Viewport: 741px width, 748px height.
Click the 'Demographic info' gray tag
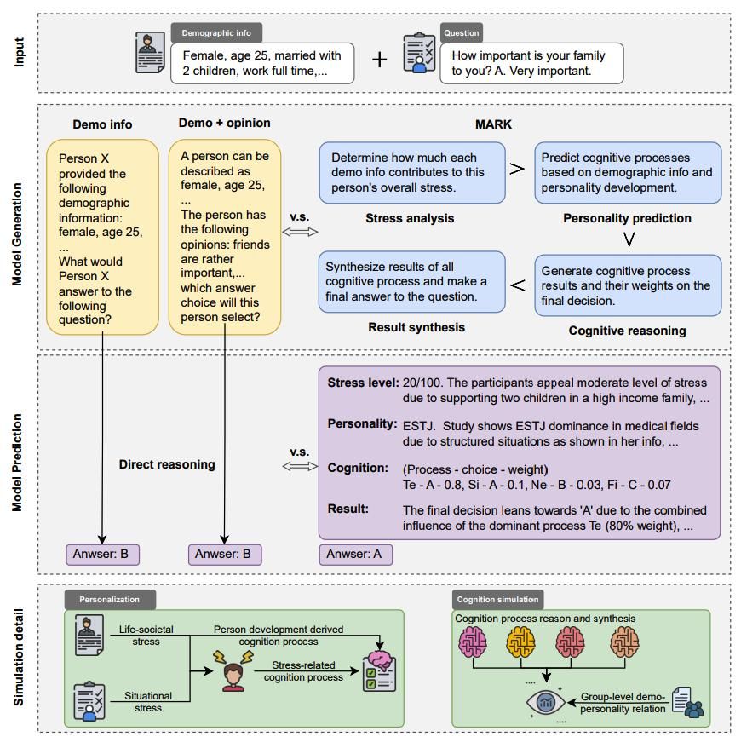(216, 33)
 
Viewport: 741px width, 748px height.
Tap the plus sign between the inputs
(380, 59)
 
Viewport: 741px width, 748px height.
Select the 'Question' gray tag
(462, 33)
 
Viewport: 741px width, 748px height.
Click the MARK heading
(493, 124)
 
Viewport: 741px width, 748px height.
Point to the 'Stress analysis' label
(410, 218)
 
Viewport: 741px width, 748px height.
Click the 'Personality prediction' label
(627, 218)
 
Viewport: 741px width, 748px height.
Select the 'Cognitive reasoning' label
(627, 331)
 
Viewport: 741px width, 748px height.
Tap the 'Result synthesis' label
(416, 327)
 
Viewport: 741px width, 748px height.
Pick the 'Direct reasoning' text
(167, 464)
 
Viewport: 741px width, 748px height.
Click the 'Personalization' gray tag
(109, 600)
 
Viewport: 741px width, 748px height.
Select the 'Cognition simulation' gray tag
(498, 600)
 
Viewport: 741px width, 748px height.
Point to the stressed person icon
(230, 673)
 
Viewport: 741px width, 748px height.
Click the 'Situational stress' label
(148, 701)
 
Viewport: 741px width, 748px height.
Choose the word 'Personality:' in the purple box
(362, 423)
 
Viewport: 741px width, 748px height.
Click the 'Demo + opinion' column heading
(224, 124)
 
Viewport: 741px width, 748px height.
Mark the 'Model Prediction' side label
(18, 463)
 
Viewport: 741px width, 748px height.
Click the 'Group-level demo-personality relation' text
(623, 702)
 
